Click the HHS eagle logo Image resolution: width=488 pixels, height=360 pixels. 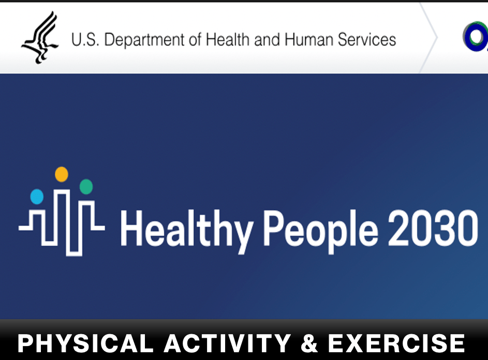click(40, 37)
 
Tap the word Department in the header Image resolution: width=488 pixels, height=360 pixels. click(145, 40)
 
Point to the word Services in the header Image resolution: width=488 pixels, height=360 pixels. click(367, 39)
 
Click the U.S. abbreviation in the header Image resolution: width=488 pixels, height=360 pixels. click(85, 39)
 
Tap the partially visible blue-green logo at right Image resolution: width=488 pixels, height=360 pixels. click(475, 36)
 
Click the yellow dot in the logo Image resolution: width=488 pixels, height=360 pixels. click(61, 174)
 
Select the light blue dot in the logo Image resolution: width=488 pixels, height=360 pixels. click(37, 197)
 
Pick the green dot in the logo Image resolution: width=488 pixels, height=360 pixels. click(86, 186)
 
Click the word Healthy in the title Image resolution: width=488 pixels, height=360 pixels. click(186, 231)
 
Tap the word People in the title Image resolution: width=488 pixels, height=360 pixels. click(320, 231)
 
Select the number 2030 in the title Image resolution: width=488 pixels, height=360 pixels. click(433, 228)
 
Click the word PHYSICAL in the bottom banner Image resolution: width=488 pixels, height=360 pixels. click(85, 343)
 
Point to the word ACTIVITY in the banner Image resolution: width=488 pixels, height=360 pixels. click(228, 343)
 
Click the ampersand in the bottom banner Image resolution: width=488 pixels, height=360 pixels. click(309, 343)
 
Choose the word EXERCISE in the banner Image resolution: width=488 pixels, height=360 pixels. click(396, 343)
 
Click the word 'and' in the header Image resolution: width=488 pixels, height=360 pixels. click(267, 39)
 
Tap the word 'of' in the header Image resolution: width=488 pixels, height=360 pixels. click(196, 39)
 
